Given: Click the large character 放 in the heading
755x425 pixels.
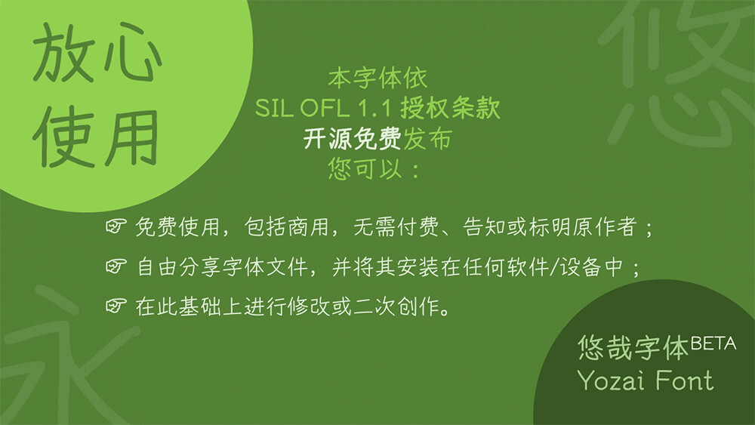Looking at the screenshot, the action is point(63,52).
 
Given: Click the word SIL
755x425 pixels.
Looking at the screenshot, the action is point(274,108).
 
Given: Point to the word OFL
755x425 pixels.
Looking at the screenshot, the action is point(324,108).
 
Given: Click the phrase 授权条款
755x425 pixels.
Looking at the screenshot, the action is point(450,107).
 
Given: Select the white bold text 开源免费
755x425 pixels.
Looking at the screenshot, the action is point(353,139).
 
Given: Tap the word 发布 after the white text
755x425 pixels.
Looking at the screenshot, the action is point(427,139).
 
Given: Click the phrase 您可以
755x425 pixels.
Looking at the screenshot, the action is point(365,168).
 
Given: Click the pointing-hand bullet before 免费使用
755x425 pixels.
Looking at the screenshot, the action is point(116,226).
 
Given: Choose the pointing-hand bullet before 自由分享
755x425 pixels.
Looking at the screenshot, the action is point(116,266).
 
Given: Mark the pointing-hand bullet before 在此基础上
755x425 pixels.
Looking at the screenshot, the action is point(116,305).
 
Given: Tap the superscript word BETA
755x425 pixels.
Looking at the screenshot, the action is point(713,343).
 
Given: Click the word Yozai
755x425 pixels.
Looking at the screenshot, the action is point(612,380).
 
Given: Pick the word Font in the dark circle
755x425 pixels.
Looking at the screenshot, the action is point(684,380).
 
